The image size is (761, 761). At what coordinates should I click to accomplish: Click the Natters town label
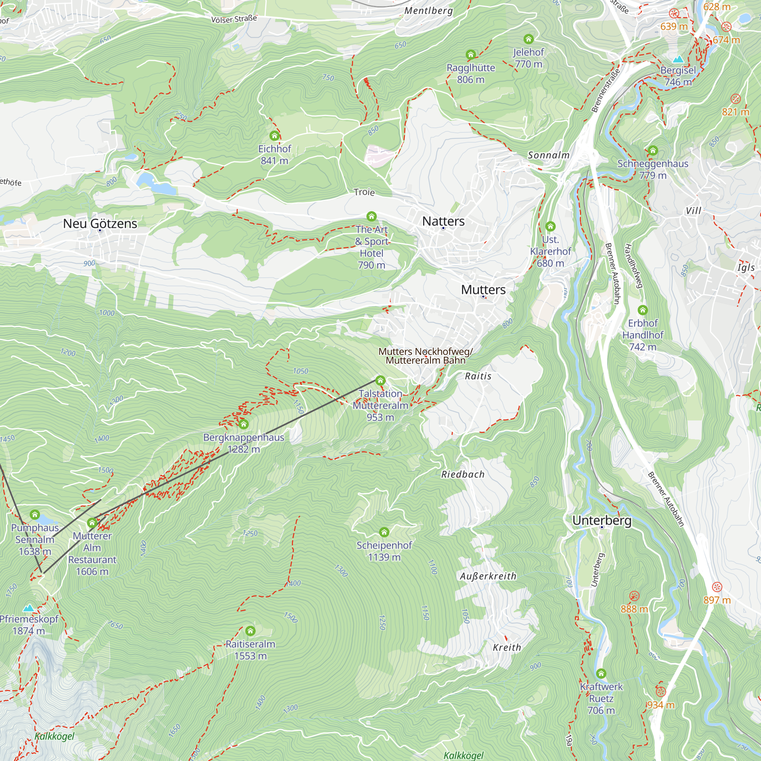click(x=443, y=221)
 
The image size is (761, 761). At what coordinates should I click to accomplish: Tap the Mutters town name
click(x=483, y=290)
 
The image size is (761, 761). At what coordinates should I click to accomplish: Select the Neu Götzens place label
click(x=100, y=223)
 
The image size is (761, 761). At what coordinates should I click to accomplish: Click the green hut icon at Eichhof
click(x=275, y=136)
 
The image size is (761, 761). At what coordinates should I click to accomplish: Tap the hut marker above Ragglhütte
click(x=470, y=54)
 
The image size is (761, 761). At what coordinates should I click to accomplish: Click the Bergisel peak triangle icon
click(x=678, y=59)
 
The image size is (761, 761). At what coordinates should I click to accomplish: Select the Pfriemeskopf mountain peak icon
click(x=29, y=608)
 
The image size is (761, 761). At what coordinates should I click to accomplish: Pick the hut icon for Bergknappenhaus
click(x=244, y=424)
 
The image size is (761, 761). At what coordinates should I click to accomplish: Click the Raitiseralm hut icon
click(x=250, y=631)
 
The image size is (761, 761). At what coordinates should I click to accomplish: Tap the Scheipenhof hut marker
click(x=384, y=533)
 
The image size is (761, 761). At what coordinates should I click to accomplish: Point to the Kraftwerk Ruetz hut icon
click(x=601, y=673)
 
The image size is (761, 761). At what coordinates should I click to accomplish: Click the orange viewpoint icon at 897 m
click(x=717, y=587)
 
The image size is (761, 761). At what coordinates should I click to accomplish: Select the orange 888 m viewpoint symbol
click(x=634, y=595)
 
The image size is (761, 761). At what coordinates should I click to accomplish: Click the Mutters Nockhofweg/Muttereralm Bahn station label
click(x=425, y=356)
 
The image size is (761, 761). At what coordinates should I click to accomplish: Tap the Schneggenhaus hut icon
click(x=653, y=150)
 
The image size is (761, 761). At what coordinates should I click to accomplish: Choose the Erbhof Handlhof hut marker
click(x=642, y=310)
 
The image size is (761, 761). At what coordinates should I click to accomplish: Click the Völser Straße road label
click(x=234, y=19)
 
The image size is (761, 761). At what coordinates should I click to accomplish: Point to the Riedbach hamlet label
click(x=462, y=474)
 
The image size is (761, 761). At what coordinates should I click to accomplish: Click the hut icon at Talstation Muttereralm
click(x=380, y=380)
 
